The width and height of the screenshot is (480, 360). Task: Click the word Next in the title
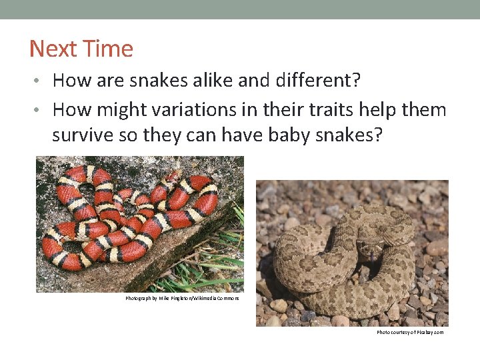click(53, 49)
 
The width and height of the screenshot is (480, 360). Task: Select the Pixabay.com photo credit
click(409, 332)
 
